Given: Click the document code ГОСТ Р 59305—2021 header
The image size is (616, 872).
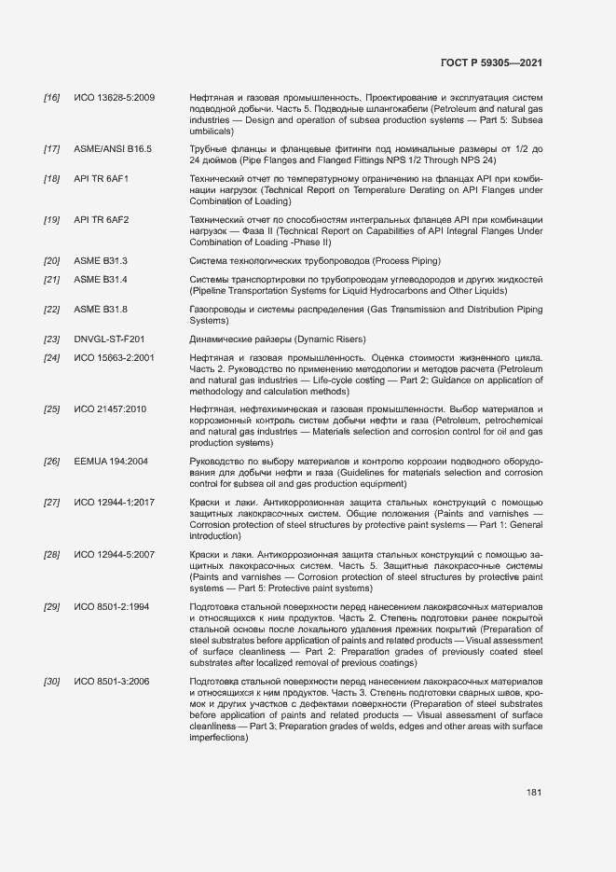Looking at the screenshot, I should pos(490,62).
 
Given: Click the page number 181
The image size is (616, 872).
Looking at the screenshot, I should pos(534,793).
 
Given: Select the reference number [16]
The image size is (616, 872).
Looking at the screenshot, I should pos(52,98).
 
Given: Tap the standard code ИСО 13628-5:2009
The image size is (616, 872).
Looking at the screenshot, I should pos(114,98).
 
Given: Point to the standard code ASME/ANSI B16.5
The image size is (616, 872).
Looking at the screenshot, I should pos(112,149).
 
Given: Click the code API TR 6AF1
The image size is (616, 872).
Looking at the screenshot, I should pos(101,179).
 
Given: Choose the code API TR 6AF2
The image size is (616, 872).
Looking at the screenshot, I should pos(101,220).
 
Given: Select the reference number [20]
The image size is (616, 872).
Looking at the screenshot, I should pos(52,261).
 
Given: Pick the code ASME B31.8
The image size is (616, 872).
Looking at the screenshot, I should pos(101,310).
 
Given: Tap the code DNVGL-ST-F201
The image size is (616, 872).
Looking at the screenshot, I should pos(109,339).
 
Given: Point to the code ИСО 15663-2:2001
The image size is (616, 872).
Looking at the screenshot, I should pos(114,358).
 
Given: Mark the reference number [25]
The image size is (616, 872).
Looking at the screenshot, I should pos(52,409).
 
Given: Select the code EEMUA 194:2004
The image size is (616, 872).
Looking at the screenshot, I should pos(111,462).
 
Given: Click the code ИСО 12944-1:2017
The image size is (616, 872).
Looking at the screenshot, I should pos(114,504).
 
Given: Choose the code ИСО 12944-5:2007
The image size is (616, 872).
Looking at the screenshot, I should pos(114,556).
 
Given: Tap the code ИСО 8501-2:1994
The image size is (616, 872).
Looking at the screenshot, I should pos(111,608).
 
